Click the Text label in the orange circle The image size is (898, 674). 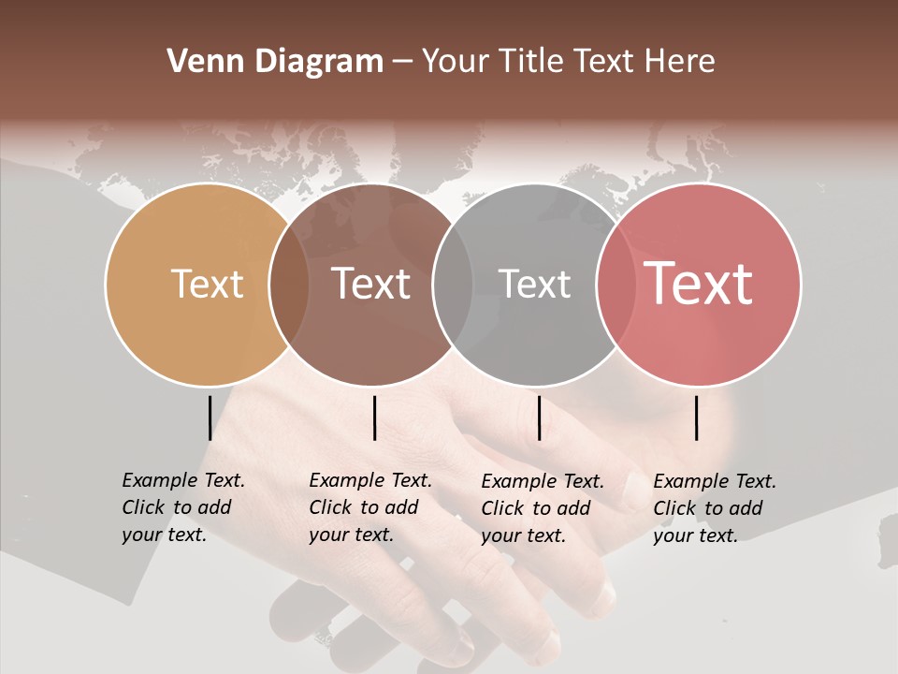pyautogui.click(x=207, y=285)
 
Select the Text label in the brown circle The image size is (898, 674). pyautogui.click(x=370, y=285)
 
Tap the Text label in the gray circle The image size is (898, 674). pyautogui.click(x=534, y=285)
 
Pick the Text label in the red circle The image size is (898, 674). pyautogui.click(x=698, y=284)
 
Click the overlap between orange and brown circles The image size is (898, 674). pyautogui.click(x=289, y=285)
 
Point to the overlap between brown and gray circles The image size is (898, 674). pyautogui.click(x=453, y=285)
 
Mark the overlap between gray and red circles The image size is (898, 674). pyautogui.click(x=612, y=285)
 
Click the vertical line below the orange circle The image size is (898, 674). pyautogui.click(x=210, y=418)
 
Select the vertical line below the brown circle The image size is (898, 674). pyautogui.click(x=374, y=418)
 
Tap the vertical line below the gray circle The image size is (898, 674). pyautogui.click(x=539, y=418)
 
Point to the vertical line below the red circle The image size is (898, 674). pyautogui.click(x=697, y=418)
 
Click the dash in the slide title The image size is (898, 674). pyautogui.click(x=402, y=63)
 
